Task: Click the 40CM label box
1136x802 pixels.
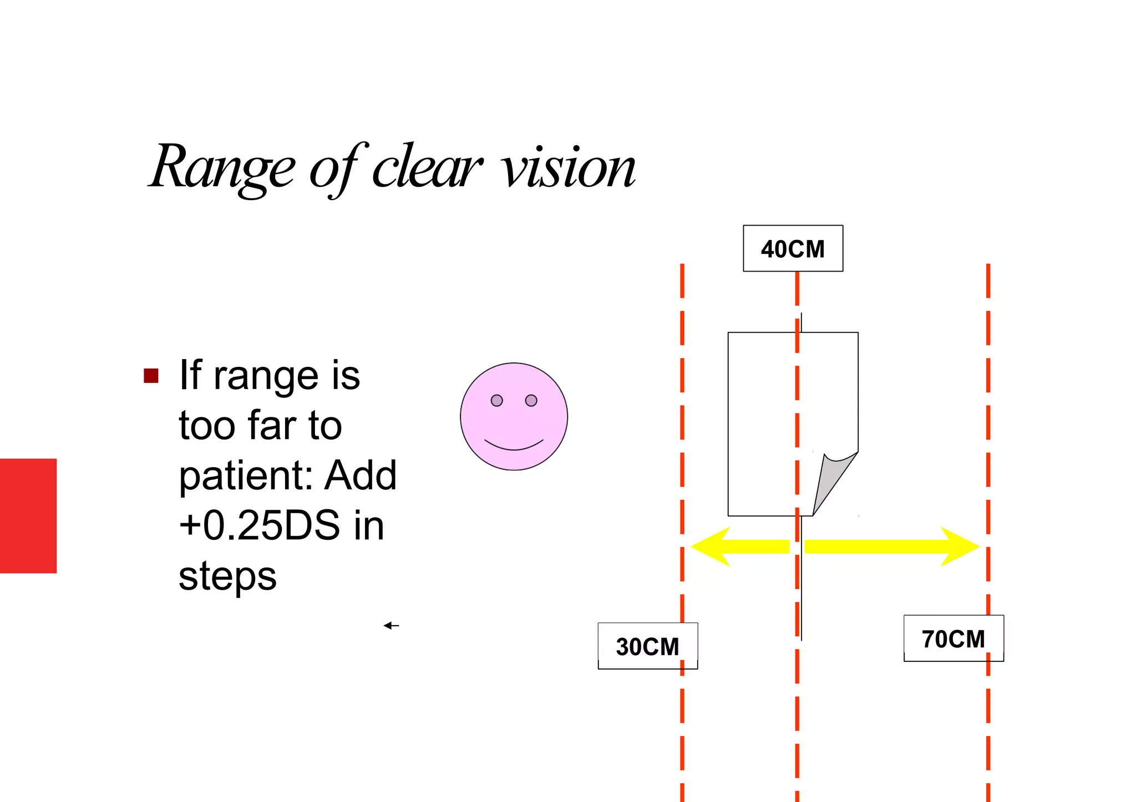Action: pos(793,248)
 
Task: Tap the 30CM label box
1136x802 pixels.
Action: pos(647,646)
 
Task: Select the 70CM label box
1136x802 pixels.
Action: pos(954,638)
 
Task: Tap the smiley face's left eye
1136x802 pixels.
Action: pos(496,400)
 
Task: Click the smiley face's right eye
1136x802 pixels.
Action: pos(531,400)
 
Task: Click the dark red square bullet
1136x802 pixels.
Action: pos(151,376)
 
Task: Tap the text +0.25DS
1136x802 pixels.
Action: pos(259,525)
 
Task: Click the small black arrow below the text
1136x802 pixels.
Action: pos(391,626)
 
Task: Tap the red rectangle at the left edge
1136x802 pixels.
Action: pos(28,515)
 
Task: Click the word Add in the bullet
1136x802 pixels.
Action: pos(361,476)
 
